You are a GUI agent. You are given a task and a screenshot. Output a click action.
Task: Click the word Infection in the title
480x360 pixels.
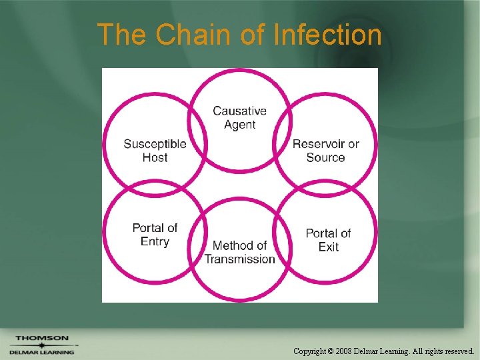pyautogui.click(x=327, y=35)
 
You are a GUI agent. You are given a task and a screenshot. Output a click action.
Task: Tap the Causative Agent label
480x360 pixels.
pyautogui.click(x=239, y=118)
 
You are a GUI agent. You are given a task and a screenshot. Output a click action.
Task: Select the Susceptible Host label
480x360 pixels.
pyautogui.click(x=155, y=151)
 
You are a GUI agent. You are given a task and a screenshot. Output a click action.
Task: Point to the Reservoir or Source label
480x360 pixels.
pyautogui.click(x=325, y=151)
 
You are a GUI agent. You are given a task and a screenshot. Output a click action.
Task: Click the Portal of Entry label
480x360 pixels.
pyautogui.click(x=155, y=235)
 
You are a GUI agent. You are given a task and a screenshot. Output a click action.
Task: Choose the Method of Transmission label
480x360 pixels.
pyautogui.click(x=239, y=252)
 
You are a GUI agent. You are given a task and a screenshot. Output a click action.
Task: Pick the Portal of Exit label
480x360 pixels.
pyautogui.click(x=328, y=240)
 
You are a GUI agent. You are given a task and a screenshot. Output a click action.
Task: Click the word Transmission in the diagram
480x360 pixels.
pyautogui.click(x=239, y=259)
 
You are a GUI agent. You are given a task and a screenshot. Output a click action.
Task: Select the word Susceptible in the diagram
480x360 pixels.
pyautogui.click(x=155, y=144)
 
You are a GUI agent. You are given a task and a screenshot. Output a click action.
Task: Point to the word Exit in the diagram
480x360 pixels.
pyautogui.click(x=328, y=247)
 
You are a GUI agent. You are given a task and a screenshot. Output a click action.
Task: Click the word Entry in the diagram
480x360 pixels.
pyautogui.click(x=155, y=241)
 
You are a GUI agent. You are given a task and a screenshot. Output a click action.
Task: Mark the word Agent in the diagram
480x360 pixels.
pyautogui.click(x=239, y=125)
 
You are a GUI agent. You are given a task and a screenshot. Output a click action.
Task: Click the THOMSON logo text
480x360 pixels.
pyautogui.click(x=41, y=338)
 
